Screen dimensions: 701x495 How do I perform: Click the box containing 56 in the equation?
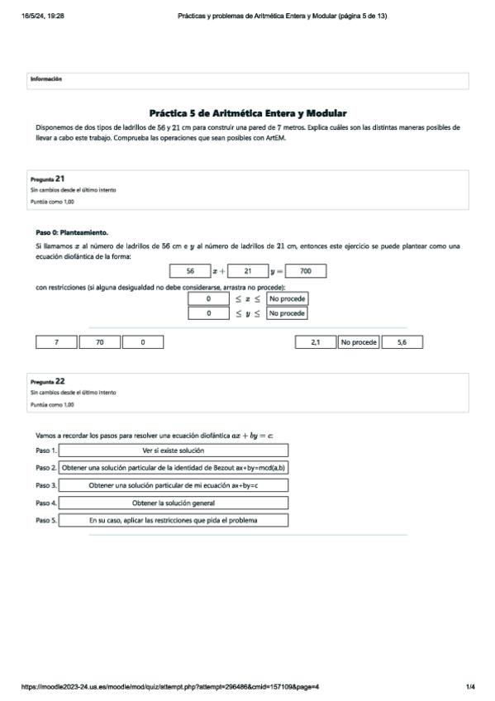pos(190,271)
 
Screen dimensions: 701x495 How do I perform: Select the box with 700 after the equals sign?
pos(306,271)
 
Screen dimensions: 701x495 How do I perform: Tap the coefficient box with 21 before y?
pos(247,271)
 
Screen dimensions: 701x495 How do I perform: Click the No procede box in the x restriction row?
pos(288,298)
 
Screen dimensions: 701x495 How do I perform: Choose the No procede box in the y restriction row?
pos(288,314)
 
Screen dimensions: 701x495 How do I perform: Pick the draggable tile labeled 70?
pos(100,342)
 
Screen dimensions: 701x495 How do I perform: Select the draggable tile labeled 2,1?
pos(316,342)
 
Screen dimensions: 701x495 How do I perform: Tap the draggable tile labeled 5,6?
pos(402,342)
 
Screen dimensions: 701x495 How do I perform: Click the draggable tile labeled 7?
pos(57,342)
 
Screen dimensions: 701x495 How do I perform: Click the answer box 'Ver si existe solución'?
pos(174,451)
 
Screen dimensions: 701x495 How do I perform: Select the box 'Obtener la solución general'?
pos(174,503)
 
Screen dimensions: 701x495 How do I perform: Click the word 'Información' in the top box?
pos(46,79)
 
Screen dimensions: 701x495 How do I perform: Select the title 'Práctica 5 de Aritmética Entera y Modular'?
pos(248,113)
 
